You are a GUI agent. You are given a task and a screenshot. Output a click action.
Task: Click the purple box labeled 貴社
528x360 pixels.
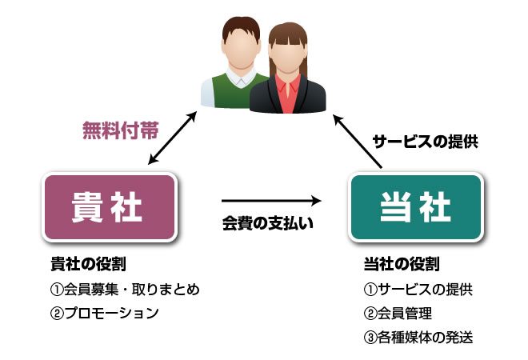110,206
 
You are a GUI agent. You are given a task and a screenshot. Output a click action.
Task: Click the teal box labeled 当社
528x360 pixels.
415,206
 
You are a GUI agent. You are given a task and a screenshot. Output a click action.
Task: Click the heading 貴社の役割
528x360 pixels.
88,264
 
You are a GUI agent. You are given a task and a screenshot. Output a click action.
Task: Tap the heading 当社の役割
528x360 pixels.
402,264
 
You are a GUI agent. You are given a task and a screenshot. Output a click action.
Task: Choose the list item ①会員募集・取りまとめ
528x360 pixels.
124,289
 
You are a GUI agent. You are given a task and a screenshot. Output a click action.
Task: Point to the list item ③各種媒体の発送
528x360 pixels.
418,337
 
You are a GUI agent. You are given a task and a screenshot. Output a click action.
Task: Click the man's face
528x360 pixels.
240,47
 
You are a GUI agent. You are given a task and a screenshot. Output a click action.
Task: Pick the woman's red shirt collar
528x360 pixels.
286,83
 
